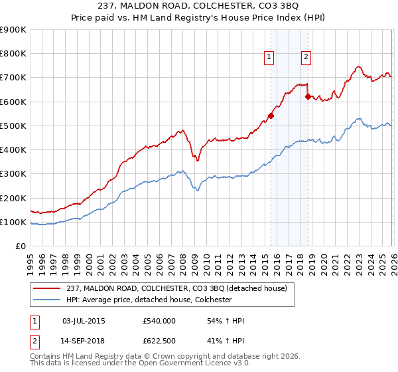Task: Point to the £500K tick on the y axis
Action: pos(13,126)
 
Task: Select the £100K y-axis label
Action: pos(13,222)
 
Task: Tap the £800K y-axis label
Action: pos(13,54)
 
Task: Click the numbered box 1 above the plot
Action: pos(269,57)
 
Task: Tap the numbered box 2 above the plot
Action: pos(306,57)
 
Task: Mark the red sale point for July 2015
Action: pos(271,116)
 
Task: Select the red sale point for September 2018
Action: pos(308,96)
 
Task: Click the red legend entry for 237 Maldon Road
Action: pos(176,288)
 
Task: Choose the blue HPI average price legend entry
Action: pos(157,300)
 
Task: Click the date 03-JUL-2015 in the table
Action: pos(83,321)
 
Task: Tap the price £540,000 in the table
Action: pos(159,321)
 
